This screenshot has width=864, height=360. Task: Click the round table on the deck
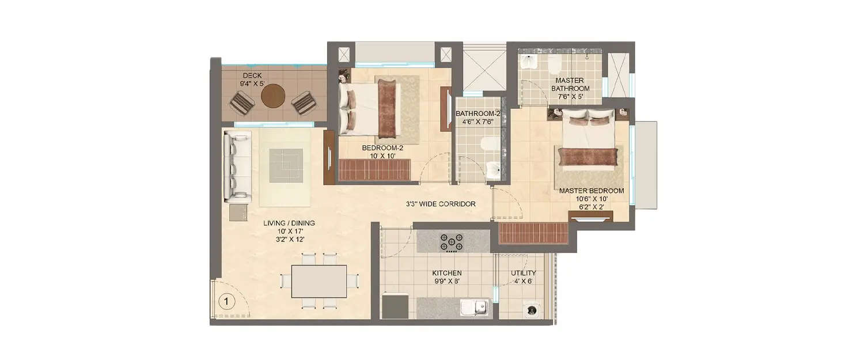point(272,97)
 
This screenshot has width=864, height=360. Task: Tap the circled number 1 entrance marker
point(227,301)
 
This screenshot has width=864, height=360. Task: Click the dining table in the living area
point(319,281)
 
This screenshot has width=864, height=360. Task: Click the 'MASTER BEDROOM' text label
point(592,191)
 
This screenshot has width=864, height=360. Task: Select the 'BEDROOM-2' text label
point(382,148)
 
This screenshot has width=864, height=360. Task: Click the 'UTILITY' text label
point(524,273)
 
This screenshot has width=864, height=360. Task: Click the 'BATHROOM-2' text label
point(479,113)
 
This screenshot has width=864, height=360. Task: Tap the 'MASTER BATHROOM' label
point(570,85)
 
